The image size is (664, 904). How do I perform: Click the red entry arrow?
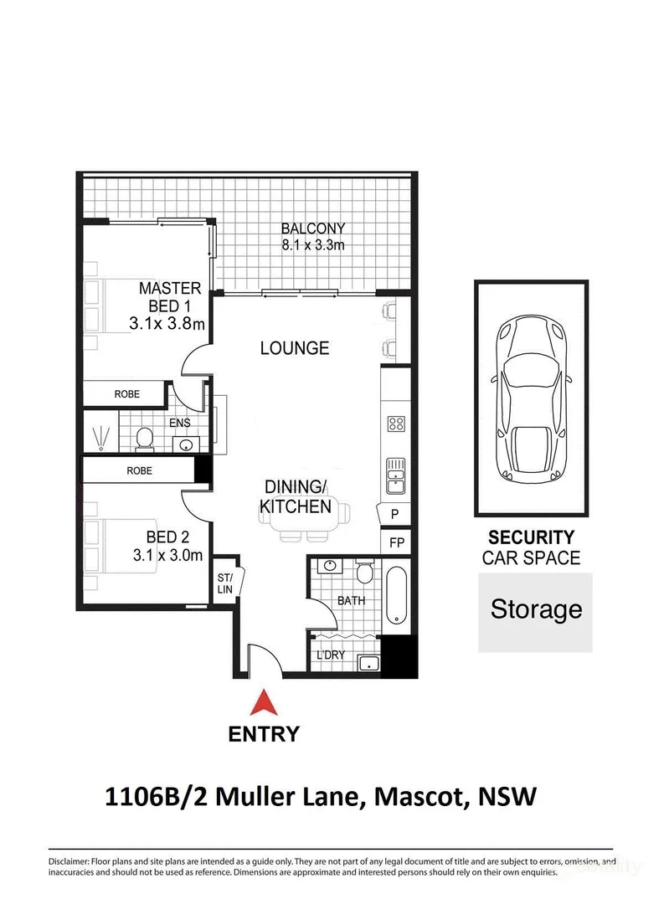264,701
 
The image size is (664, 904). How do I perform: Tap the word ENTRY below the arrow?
264,735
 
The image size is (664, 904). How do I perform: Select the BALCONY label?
312,229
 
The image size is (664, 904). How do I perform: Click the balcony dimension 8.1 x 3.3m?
312,245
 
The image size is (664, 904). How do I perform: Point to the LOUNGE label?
294,348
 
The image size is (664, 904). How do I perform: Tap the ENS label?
180,424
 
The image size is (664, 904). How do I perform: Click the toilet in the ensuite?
144,438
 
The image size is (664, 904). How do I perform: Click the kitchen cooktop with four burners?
396,424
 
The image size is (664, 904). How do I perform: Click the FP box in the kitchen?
396,542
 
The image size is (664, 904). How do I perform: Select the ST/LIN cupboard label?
225,582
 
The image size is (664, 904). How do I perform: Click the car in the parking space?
531,398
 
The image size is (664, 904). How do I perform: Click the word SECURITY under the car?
531,538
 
